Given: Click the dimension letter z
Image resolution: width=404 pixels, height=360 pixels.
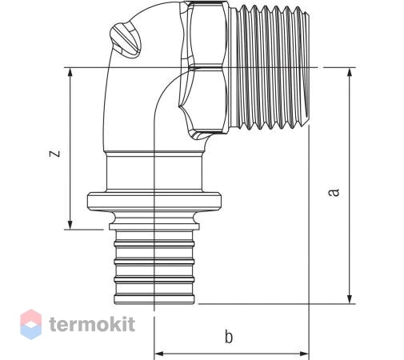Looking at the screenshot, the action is pyautogui.click(x=55, y=154).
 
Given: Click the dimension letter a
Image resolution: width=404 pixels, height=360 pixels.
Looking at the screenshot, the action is pyautogui.click(x=334, y=192).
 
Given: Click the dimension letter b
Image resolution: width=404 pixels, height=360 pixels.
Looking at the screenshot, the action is pyautogui.click(x=229, y=337).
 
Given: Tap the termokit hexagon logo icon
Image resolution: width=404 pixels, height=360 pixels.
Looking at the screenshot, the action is pyautogui.click(x=31, y=324).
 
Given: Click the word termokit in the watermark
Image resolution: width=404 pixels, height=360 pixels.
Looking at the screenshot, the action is pyautogui.click(x=92, y=324).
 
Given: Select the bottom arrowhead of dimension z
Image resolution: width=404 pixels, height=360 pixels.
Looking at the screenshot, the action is pyautogui.click(x=70, y=225).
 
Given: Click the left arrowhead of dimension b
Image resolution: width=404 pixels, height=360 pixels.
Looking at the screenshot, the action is pyautogui.click(x=159, y=354).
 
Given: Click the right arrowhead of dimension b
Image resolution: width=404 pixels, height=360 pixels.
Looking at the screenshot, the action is pyautogui.click(x=304, y=354).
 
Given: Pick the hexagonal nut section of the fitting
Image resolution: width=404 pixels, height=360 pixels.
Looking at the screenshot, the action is pyautogui.click(x=205, y=68).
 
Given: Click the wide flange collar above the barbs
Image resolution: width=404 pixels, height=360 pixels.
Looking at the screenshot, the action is pyautogui.click(x=154, y=202).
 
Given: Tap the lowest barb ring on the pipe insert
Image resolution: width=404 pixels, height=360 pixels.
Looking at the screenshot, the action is pyautogui.click(x=154, y=299).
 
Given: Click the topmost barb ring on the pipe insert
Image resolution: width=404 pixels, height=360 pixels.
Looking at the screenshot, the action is pyautogui.click(x=154, y=243).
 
